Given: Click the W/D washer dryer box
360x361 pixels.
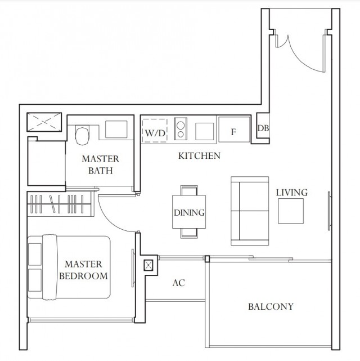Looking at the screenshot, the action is (x=155, y=131).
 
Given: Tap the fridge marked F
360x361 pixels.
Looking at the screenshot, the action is (x=234, y=130).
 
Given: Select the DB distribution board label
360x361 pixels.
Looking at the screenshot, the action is (x=263, y=128).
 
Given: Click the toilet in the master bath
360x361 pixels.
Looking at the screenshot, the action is (x=82, y=135).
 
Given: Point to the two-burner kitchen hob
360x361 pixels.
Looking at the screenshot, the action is (x=181, y=129).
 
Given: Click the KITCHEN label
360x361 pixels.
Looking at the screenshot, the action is (x=199, y=156).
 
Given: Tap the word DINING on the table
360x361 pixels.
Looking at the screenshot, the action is (x=189, y=212).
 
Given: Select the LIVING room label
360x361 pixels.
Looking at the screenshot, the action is (x=292, y=193).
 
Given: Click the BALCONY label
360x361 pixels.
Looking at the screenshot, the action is (x=271, y=306).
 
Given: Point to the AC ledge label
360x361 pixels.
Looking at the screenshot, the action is (x=179, y=283).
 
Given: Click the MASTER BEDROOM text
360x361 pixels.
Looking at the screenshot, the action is (x=83, y=270).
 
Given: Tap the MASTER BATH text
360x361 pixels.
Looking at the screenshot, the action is (x=101, y=164).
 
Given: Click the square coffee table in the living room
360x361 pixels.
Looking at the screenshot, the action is (x=291, y=211).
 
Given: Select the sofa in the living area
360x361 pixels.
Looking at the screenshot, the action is (x=250, y=211).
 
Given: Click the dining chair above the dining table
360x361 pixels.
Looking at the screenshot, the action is (x=189, y=190).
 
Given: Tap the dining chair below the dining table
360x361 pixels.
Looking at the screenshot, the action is (x=189, y=233).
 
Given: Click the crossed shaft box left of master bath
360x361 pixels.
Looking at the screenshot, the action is (x=44, y=122).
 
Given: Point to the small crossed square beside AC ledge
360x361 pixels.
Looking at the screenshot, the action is (x=148, y=265).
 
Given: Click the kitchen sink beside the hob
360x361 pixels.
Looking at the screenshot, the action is (x=205, y=131).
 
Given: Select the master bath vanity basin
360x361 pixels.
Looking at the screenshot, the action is (x=116, y=130).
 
